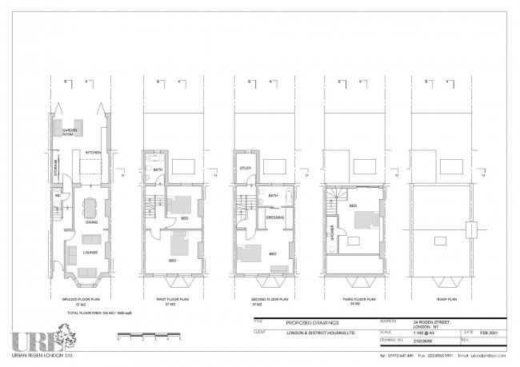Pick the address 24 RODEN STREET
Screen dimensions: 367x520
click(x=434, y=321)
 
